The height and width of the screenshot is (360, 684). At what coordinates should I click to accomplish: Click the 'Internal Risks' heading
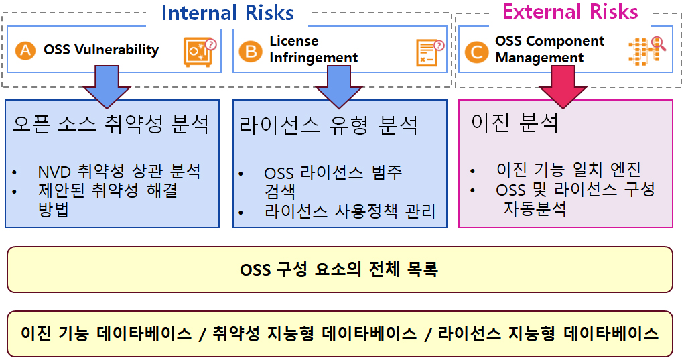coord(227,13)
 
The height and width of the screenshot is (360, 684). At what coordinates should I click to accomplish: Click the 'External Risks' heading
coord(570,12)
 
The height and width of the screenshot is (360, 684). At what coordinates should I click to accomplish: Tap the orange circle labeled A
coord(25,50)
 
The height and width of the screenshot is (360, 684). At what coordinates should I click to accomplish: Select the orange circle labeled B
coord(251,51)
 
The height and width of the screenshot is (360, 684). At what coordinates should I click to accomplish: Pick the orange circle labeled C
coord(477,52)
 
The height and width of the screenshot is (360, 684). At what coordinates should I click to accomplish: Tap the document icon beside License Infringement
coord(429,53)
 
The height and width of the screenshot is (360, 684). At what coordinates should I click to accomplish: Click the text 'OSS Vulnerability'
coord(101,50)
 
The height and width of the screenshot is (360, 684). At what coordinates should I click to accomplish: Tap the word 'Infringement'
coord(314,58)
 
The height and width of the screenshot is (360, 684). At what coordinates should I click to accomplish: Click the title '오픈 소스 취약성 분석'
coord(111,125)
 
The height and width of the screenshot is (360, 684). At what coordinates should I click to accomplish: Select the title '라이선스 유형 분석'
coord(328,125)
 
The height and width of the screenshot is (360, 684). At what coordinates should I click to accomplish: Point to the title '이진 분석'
coord(515,122)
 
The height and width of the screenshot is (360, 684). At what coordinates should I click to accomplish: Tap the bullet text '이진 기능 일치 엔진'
coord(569,170)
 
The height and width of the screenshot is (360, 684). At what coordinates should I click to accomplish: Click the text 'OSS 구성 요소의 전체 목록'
coord(339,269)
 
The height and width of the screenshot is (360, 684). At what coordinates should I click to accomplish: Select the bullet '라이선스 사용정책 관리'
coord(350,211)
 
